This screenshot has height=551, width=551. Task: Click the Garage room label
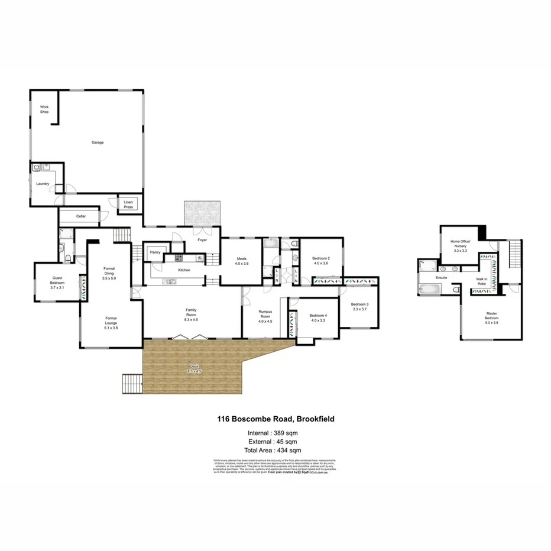98,142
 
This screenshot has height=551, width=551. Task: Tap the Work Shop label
44,109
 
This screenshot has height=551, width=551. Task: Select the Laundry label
43,184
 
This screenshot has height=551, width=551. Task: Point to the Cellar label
81,216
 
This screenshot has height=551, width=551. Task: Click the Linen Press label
128,205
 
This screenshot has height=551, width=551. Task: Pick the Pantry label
155,252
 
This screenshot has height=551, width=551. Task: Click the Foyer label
202,240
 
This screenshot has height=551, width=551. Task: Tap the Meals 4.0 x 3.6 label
241,261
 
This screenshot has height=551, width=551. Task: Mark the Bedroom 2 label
320,261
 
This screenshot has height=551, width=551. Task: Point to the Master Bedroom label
492,317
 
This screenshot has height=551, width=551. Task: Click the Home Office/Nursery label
460,245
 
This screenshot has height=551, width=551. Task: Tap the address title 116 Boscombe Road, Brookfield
275,419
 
